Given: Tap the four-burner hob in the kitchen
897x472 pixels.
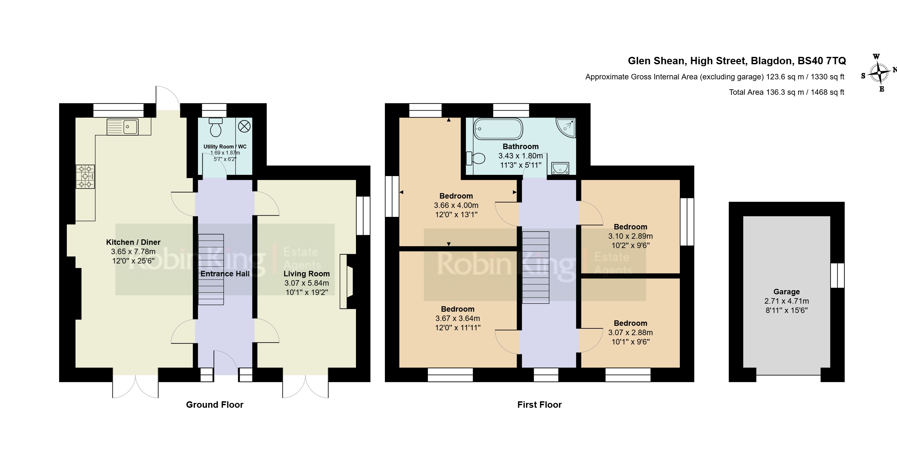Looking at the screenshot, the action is pos(85,177).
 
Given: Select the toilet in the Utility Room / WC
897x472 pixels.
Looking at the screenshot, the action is pos(216,127).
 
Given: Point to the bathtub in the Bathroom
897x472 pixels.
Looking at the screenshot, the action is pos(498,129).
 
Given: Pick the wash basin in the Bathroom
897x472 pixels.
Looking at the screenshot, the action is pos(560,168).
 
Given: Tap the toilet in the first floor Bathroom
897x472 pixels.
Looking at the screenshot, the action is pos(476,158).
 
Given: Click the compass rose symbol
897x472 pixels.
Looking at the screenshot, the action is pos(879,73).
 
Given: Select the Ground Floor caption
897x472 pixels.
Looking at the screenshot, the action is pos(215,405).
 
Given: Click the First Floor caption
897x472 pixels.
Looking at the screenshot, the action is pos(539,405).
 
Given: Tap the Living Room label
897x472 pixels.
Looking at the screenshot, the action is pos(306,274).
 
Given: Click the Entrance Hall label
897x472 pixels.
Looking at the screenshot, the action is pos(225,274).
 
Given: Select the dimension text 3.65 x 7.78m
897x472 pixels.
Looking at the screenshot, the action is pos(133,252).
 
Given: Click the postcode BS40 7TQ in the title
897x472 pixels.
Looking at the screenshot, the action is pos(822,61).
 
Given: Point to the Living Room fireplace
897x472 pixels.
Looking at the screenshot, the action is pos(346,281).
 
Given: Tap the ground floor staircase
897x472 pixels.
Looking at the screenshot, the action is pos(211,269).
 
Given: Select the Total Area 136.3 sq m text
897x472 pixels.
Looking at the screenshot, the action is pos(786,92).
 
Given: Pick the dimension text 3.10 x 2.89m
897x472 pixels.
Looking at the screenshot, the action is pos(631,236).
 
